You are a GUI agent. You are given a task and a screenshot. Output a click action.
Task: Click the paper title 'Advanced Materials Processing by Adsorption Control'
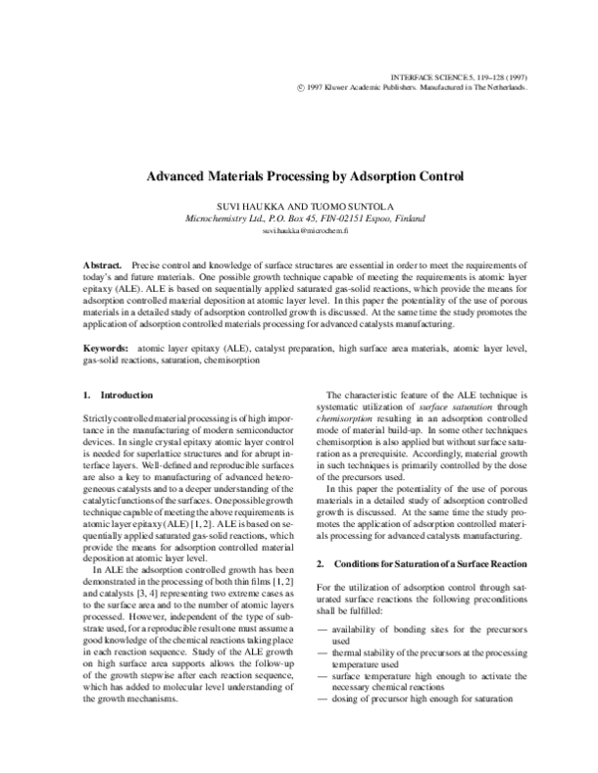coord(299,183)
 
